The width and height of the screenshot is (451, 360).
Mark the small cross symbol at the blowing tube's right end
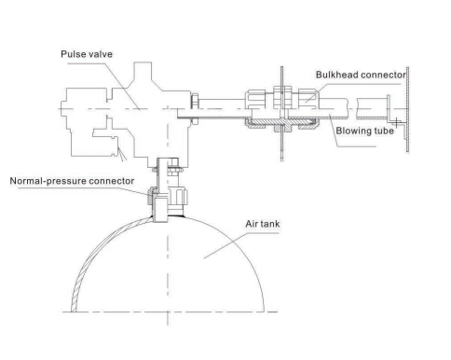point(397,120)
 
